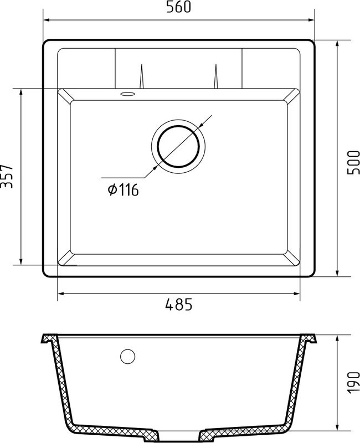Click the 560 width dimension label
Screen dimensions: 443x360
pos(178,8)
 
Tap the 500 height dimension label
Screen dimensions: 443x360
pos(352,160)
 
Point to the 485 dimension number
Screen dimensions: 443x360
pos(178,304)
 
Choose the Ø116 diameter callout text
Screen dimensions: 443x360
pos(123,190)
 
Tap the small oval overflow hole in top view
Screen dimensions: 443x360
pos(127,95)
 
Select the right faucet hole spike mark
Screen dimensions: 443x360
pos(215,78)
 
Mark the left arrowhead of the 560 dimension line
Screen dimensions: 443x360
pos(47,20)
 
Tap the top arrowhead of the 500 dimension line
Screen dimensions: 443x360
pos(338,43)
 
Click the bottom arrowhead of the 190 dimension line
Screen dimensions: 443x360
pos(338,429)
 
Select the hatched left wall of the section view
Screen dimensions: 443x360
pos(60,382)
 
